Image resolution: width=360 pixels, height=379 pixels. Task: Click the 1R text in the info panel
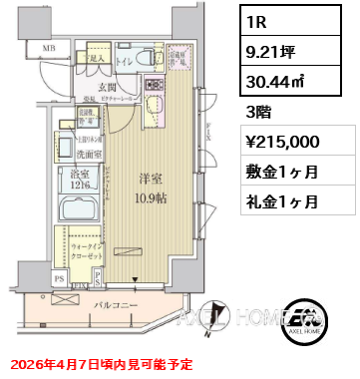[255, 19]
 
